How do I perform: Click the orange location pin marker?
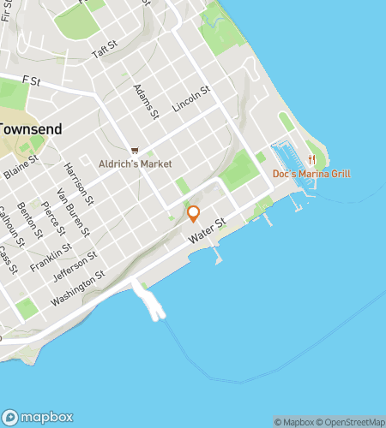pyautogui.click(x=194, y=213)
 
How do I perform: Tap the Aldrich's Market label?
pyautogui.click(x=135, y=163)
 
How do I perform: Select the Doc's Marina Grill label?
pyautogui.click(x=311, y=174)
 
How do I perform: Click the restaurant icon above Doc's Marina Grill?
pyautogui.click(x=312, y=159)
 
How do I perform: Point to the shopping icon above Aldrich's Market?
pyautogui.click(x=135, y=150)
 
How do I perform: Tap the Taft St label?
pyautogui.click(x=104, y=51)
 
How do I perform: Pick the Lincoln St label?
pyautogui.click(x=191, y=102)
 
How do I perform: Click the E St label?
pyautogui.click(x=33, y=81)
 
